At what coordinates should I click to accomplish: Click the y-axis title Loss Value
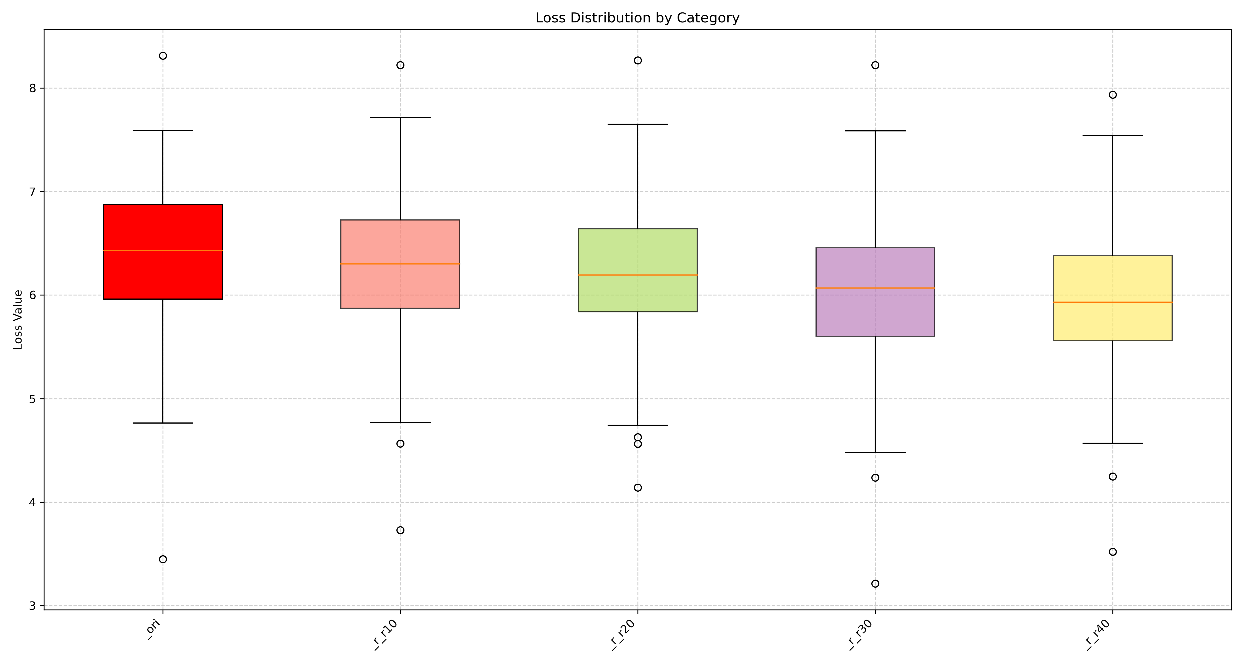click(18, 320)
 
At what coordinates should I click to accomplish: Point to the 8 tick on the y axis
click(33, 88)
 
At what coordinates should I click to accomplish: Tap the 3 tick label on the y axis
click(33, 606)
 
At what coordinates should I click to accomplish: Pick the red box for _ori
click(163, 227)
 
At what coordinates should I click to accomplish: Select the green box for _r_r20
click(637, 251)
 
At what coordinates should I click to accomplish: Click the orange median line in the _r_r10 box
click(400, 264)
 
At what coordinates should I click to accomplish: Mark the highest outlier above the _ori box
click(163, 56)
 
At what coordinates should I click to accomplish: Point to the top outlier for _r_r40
click(1113, 95)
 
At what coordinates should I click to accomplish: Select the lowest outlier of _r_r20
click(637, 487)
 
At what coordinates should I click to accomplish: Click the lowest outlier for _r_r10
click(400, 530)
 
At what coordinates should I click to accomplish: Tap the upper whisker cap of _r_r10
click(400, 117)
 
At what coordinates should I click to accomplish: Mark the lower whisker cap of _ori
click(163, 423)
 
